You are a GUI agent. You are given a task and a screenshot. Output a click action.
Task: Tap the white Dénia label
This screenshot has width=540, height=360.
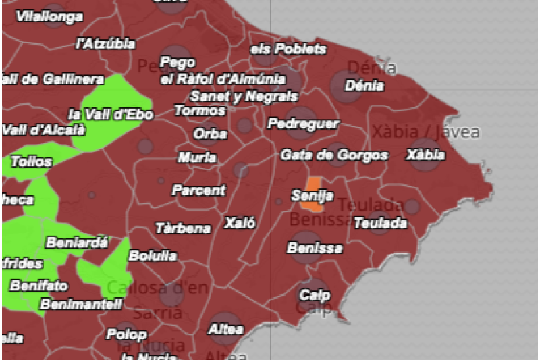[364, 86]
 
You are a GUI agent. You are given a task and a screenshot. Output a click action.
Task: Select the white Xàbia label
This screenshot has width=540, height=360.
[425, 155]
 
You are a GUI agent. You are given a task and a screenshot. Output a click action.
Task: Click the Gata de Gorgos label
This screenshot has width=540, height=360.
[334, 155]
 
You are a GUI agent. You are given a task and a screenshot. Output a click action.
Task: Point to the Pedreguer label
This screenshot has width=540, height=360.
[303, 124]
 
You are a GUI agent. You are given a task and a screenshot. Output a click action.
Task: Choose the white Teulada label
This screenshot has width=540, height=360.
[380, 222]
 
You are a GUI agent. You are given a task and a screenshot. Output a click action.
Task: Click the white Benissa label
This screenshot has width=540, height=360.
[315, 248]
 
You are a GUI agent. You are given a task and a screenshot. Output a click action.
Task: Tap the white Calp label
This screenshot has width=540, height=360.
[315, 295]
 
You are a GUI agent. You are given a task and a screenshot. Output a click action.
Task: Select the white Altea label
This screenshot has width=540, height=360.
[225, 329]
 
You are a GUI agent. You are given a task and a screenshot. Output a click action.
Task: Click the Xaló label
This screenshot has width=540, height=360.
[240, 222]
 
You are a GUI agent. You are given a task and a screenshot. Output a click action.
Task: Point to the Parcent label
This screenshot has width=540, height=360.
[198, 190]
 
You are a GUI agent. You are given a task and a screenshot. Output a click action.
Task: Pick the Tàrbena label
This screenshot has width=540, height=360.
[183, 228]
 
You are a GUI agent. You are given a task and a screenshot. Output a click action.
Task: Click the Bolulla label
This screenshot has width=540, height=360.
[153, 255]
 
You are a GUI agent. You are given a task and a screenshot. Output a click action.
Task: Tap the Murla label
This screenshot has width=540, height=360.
[197, 157]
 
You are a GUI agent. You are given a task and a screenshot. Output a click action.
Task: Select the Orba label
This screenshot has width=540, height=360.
[210, 134]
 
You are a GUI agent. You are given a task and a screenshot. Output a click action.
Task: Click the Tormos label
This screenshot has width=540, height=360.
[200, 110]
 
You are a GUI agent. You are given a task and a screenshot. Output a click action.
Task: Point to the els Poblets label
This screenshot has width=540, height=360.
[288, 49]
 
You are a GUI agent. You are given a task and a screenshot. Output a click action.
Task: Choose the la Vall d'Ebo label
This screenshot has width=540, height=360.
[111, 114]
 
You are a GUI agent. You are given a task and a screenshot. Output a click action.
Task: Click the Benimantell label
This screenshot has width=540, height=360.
[81, 304]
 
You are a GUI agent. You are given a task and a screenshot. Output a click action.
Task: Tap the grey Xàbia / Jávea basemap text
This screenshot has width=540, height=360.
[425, 132]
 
